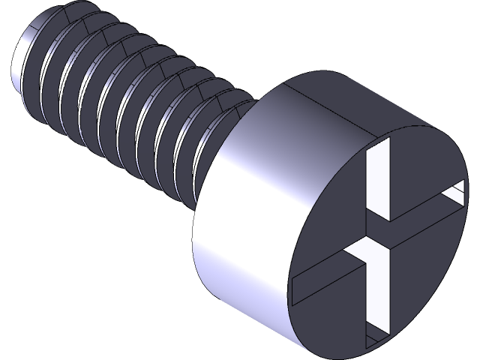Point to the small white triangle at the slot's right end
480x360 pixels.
(x=454, y=196)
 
